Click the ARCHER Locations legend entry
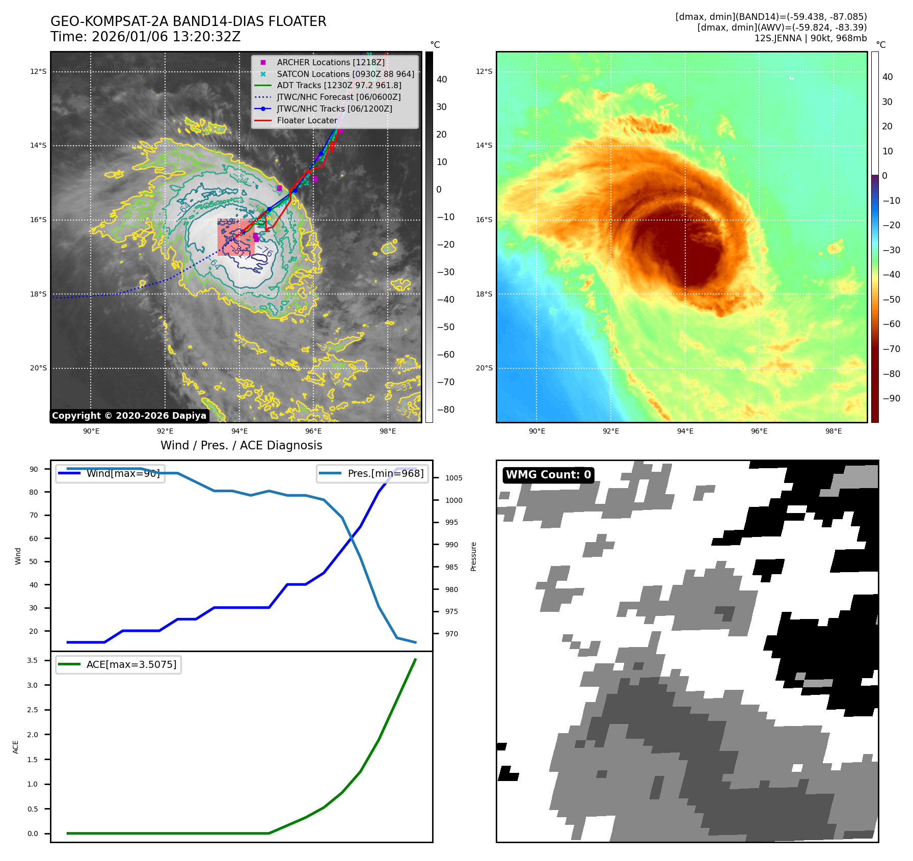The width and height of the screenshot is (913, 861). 331,62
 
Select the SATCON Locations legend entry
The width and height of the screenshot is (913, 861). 345,74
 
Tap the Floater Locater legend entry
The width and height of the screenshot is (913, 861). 307,120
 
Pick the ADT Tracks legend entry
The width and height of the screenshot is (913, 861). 339,85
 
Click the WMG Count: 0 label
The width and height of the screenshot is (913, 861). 548,475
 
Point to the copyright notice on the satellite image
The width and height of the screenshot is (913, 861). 129,416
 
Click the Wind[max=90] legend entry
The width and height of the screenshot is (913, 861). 123,473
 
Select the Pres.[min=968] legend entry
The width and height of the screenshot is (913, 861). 385,473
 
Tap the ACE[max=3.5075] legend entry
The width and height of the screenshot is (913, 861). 131,664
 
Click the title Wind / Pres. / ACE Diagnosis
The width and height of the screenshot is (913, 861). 241,445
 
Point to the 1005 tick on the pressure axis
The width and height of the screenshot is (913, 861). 453,478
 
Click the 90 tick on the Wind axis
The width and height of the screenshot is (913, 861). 34,469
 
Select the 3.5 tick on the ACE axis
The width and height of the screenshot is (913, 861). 32,660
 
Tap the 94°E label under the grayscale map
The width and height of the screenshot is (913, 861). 239,432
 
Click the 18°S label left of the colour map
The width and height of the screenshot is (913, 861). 484,294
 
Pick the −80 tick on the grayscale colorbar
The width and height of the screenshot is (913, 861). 445,410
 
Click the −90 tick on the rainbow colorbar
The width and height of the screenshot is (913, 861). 891,398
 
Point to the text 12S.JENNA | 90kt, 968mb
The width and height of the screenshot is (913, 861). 810,38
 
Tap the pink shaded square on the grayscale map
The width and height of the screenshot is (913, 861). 235,237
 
